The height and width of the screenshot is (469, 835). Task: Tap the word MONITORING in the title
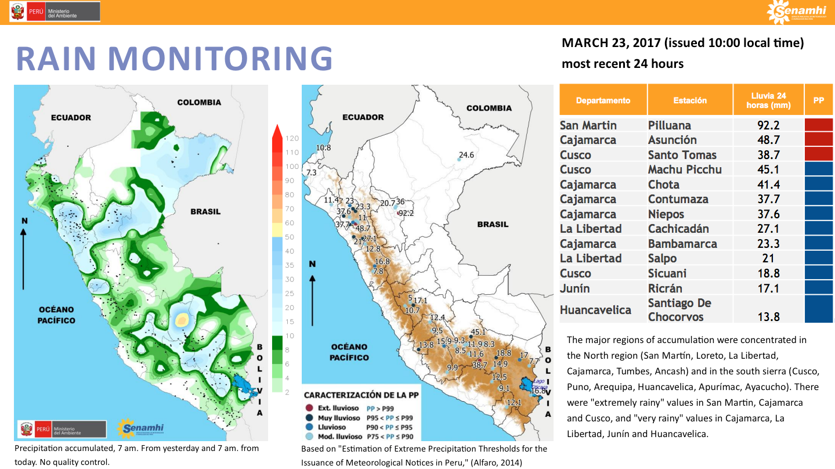[220, 58]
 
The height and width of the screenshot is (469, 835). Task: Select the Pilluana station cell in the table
[669, 125]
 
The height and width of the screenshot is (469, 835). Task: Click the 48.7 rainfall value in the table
[768, 140]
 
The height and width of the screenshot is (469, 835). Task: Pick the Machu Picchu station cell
[685, 169]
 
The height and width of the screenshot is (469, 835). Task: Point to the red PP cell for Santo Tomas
[818, 154]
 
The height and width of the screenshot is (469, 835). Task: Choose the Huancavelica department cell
[595, 310]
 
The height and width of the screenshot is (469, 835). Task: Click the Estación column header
[690, 100]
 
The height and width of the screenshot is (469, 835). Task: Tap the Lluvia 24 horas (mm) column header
[768, 100]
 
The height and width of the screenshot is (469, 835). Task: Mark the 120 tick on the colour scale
[292, 138]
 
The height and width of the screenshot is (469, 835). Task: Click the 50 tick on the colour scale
[290, 237]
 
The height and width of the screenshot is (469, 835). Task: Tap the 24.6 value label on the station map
[466, 155]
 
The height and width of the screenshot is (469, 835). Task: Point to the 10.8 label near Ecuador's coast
[323, 147]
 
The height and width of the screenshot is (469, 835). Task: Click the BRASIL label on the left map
[205, 212]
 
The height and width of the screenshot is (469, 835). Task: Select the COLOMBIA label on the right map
[489, 108]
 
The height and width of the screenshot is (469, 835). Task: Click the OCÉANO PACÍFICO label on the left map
[57, 315]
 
